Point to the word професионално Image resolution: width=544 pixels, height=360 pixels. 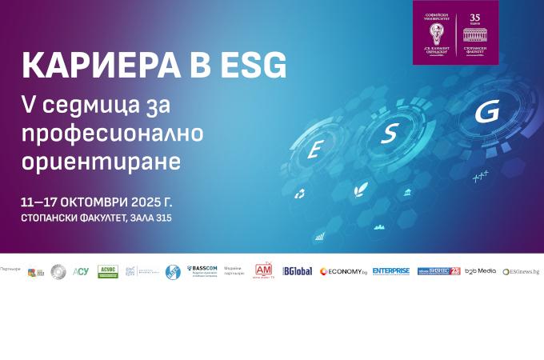point(113,133)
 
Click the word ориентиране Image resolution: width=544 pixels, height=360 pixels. point(102,160)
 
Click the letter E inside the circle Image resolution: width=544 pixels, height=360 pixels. point(314,150)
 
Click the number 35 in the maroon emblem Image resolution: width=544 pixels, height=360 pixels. point(475,17)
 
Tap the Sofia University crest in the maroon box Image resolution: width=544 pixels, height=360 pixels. point(437,33)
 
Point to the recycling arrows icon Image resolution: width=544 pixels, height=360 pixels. point(300,194)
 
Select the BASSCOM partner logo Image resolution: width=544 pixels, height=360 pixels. point(202,270)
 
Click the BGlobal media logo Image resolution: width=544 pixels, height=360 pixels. point(297,271)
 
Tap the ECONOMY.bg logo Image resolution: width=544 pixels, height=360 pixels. point(342,271)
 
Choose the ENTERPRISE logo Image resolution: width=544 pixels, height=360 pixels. point(391,271)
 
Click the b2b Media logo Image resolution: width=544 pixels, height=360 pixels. point(481,271)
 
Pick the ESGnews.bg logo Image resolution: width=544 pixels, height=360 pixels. point(521,272)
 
